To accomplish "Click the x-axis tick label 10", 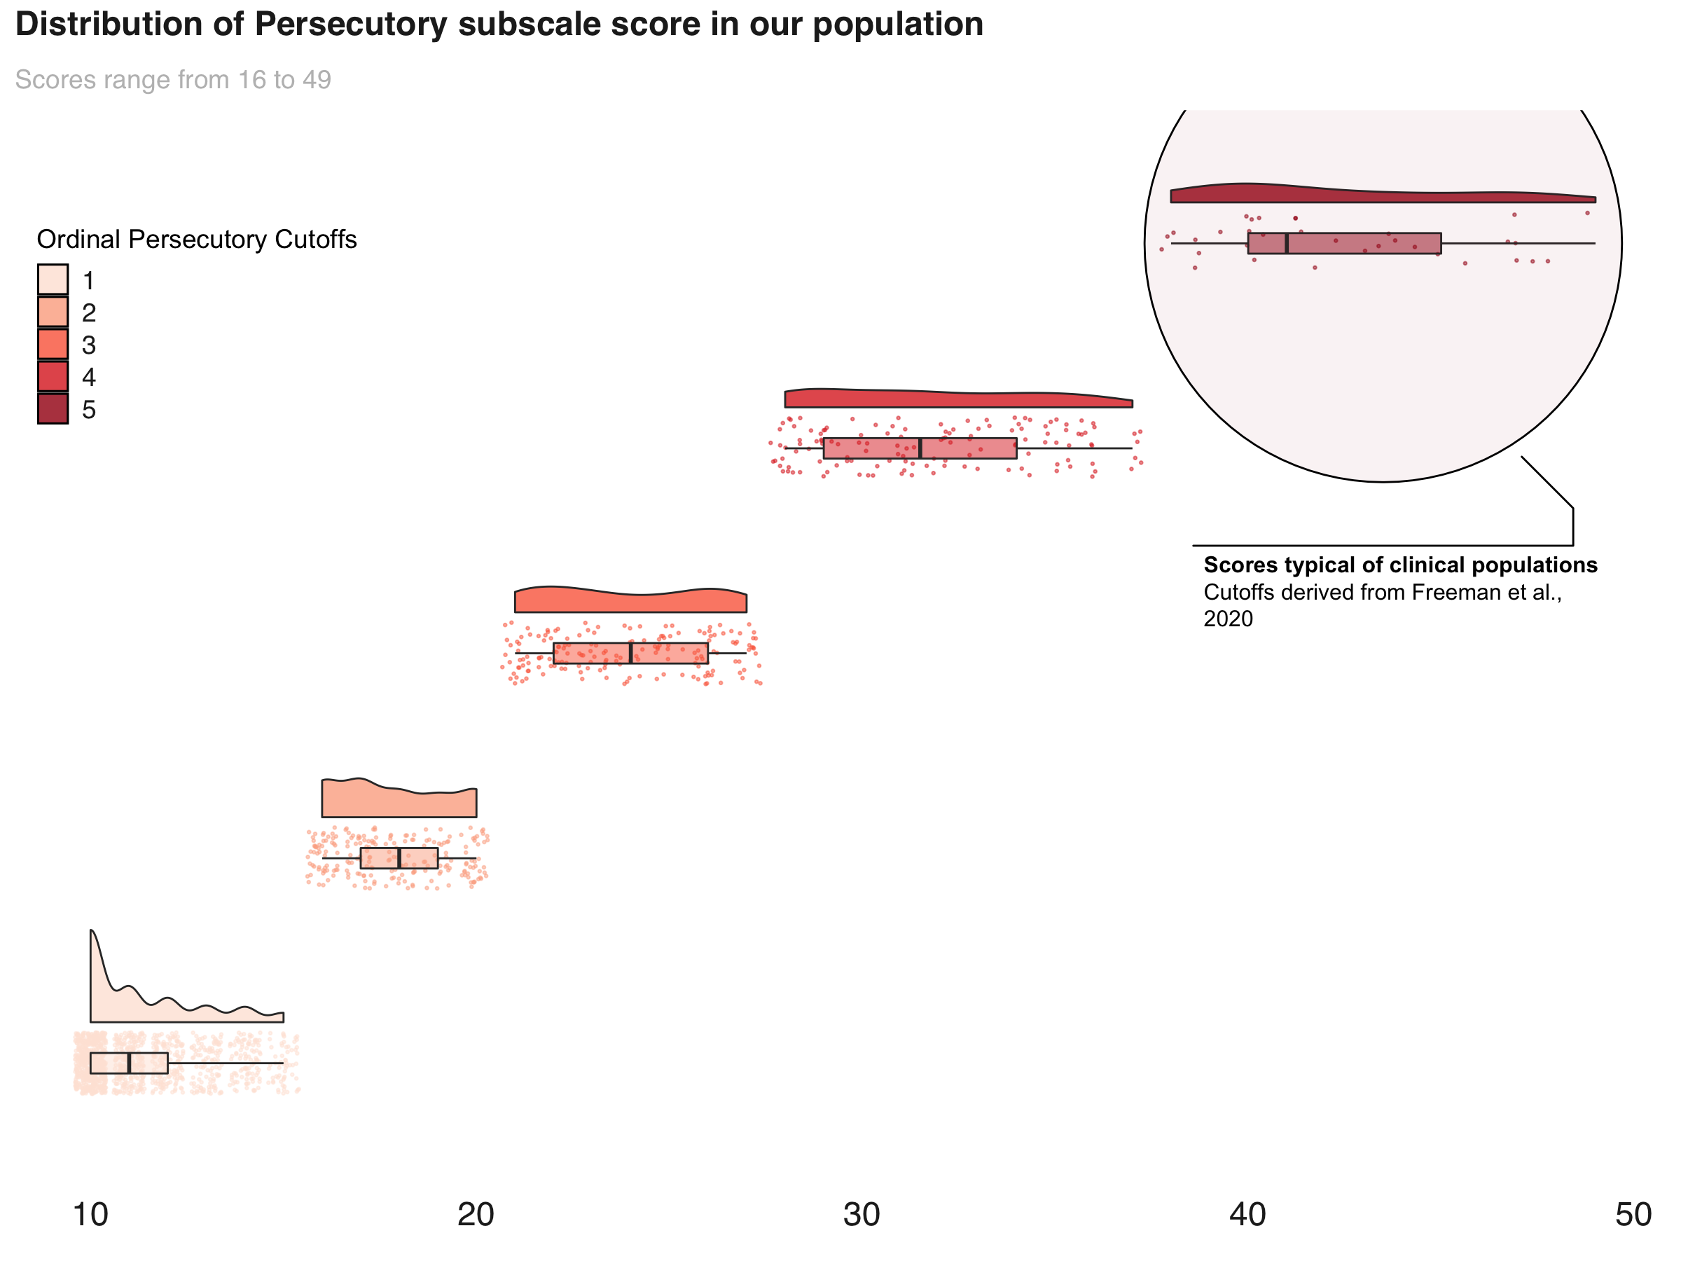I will tap(90, 1215).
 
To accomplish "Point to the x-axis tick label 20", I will tap(476, 1215).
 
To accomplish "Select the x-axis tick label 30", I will tap(862, 1215).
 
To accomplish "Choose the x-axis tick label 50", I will tap(1633, 1215).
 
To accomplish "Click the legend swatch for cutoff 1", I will tap(53, 280).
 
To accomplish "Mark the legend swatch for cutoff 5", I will tap(53, 409).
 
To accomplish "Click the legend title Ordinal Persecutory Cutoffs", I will tap(197, 240).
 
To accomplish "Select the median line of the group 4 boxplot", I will tap(920, 448).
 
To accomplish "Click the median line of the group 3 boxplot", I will tap(631, 653).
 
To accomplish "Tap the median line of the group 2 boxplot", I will tap(399, 858).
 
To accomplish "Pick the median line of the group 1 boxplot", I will tap(129, 1063).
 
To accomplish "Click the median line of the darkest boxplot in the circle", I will tap(1287, 243).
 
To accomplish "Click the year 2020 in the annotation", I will tap(1228, 619).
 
